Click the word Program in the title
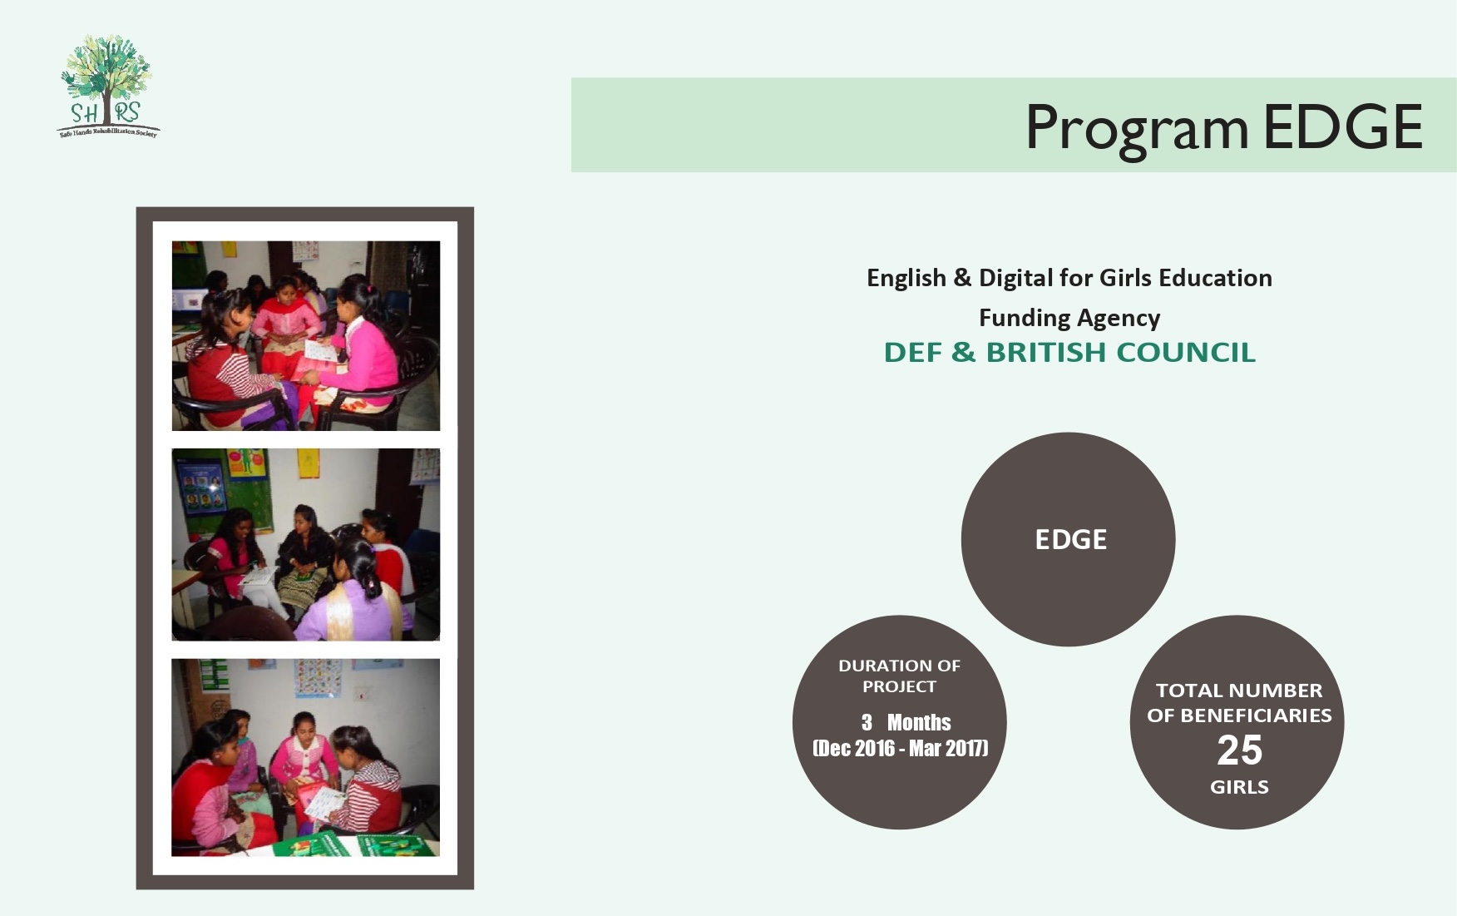[x=1136, y=128]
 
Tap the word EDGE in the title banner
[x=1342, y=126]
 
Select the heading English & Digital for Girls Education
[x=1069, y=278]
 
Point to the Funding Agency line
[x=1069, y=318]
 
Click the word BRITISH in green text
[x=1046, y=353]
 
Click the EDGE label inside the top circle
[x=1070, y=540]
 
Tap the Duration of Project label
[x=899, y=676]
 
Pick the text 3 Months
[x=906, y=722]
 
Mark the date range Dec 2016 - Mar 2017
[x=901, y=748]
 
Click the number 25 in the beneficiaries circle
[x=1239, y=750]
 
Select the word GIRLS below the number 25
[x=1239, y=787]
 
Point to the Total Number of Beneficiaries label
[x=1239, y=703]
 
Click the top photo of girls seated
[x=305, y=335]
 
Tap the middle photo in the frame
[x=305, y=544]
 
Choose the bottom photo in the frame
[x=305, y=757]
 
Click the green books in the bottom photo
[x=366, y=845]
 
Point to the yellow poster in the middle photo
[x=308, y=463]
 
